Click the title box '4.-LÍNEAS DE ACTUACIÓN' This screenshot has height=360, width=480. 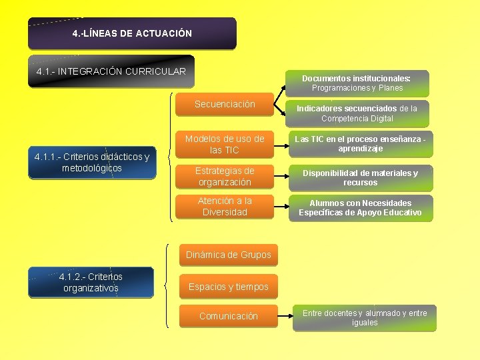tap(132, 33)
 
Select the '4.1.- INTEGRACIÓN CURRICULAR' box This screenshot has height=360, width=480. tap(111, 71)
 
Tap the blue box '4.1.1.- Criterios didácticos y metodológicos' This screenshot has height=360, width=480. tap(91, 162)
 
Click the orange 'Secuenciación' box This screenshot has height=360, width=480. tap(225, 105)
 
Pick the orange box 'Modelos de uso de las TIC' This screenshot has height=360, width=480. tap(225, 145)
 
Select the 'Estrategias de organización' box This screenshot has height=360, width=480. tap(225, 177)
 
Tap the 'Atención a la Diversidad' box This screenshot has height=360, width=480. tap(225, 207)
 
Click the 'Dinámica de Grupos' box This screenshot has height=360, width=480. tap(229, 255)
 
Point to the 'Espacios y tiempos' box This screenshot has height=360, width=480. tap(229, 287)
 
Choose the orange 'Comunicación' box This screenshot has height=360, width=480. tap(229, 316)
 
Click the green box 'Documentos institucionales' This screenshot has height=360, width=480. tap(357, 83)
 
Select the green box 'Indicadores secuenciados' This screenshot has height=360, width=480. tap(357, 113)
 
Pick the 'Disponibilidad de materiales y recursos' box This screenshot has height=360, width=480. tap(360, 177)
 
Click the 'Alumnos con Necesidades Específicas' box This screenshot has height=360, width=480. tap(360, 207)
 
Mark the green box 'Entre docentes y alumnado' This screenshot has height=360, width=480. tap(365, 318)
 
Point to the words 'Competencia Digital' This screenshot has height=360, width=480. tap(357, 119)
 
